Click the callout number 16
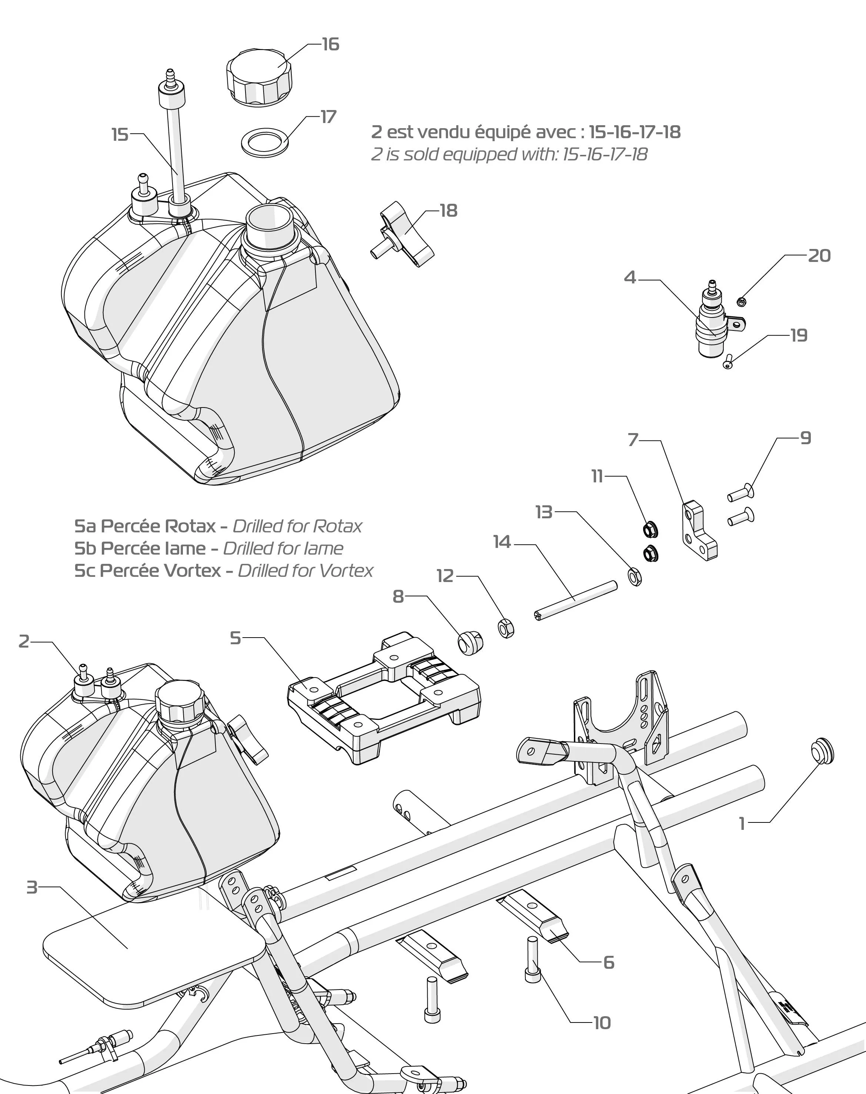pyautogui.click(x=331, y=45)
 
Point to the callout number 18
pyautogui.click(x=448, y=210)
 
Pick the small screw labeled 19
pyautogui.click(x=728, y=362)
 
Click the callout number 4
pyautogui.click(x=630, y=277)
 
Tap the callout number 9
pyautogui.click(x=806, y=438)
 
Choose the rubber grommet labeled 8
pyautogui.click(x=470, y=642)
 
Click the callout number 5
pyautogui.click(x=235, y=638)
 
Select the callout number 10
pyautogui.click(x=602, y=1023)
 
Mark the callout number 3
pyautogui.click(x=32, y=888)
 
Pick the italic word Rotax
pyautogui.click(x=338, y=526)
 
